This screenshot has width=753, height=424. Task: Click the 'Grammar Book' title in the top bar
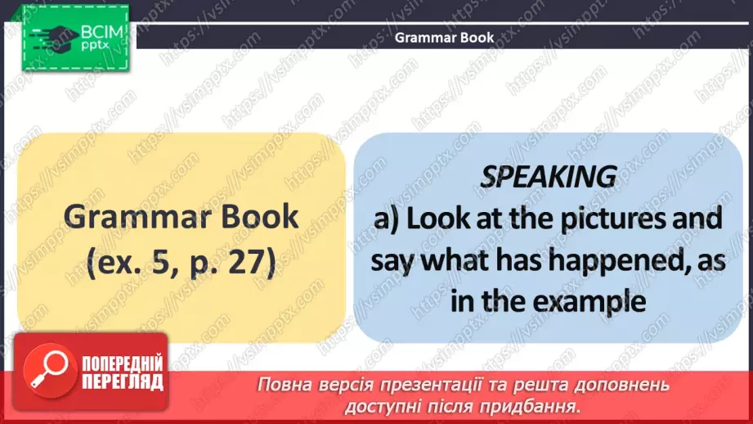tap(445, 37)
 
